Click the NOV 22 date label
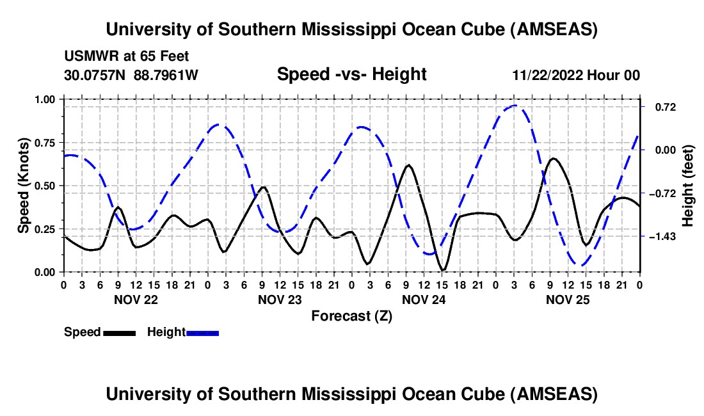[x=136, y=299]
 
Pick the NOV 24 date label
[x=424, y=299]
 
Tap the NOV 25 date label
[x=568, y=299]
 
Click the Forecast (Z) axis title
[x=351, y=316]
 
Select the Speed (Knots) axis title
[x=24, y=186]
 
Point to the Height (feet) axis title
[x=688, y=186]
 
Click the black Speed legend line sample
[x=119, y=332]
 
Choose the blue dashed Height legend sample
[x=203, y=332]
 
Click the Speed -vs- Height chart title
[x=351, y=75]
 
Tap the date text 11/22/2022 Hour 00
[x=576, y=76]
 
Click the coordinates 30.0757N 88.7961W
[x=131, y=76]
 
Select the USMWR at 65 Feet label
[x=127, y=56]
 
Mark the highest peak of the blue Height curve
[x=515, y=106]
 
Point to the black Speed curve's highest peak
[x=554, y=158]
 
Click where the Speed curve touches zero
[x=444, y=270]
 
